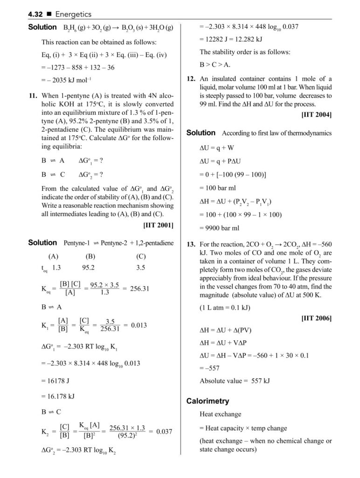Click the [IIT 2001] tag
tap(158, 225)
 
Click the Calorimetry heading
tap(208, 401)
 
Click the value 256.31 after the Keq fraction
tap(138, 288)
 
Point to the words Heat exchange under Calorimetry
tap(221, 414)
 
